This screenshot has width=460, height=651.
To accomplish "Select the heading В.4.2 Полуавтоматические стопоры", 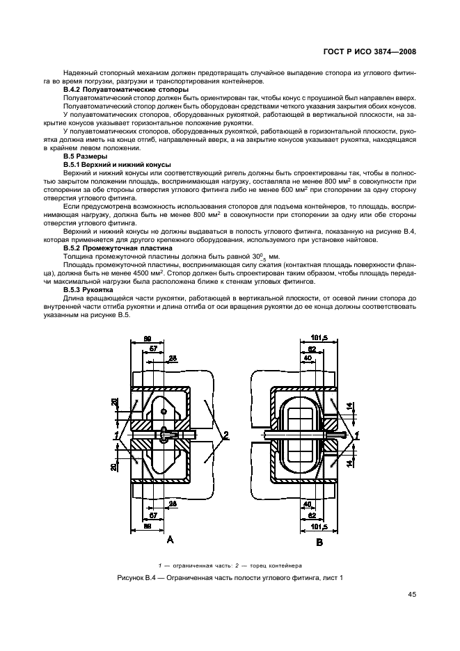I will click(x=125, y=90).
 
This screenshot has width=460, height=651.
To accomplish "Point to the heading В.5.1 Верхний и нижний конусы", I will click(x=116, y=165).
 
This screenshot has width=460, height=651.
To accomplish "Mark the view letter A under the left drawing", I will click(x=170, y=538).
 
